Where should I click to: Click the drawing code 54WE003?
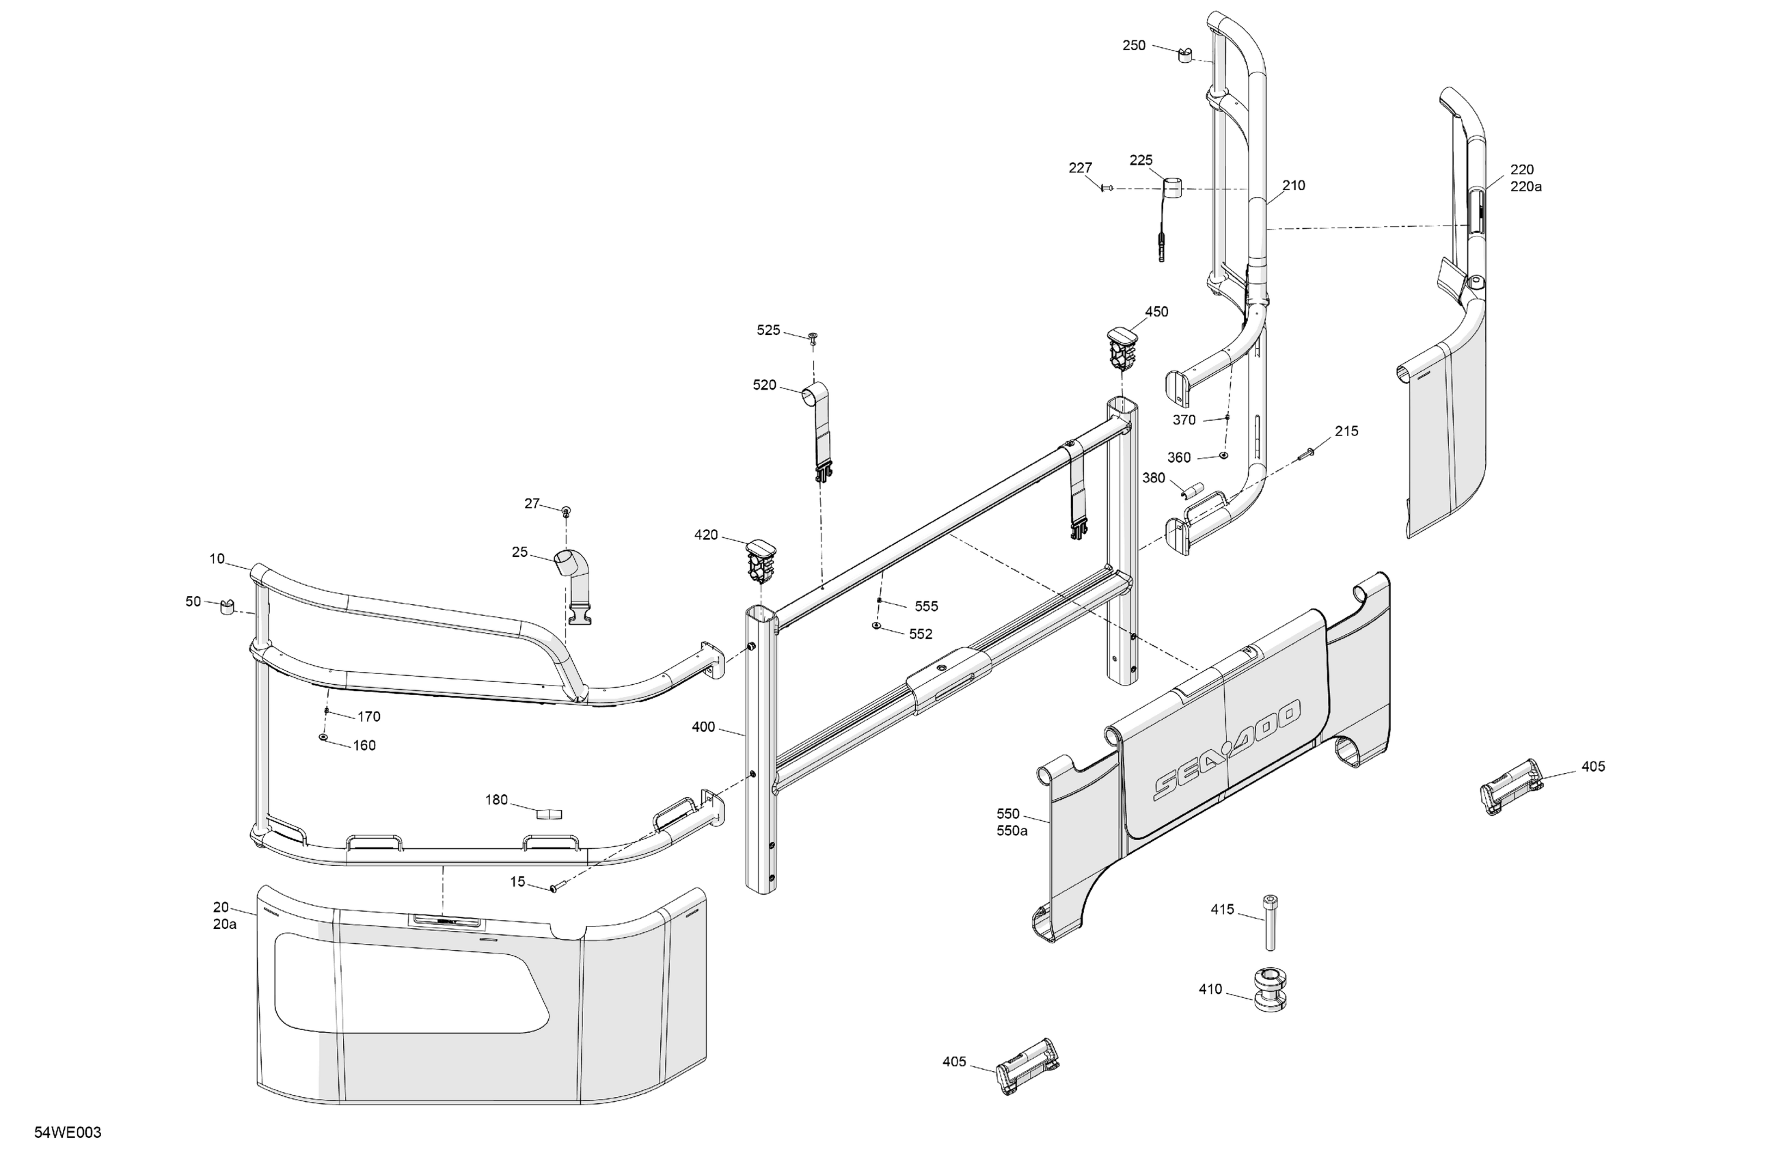coord(68,1133)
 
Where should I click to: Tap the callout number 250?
coord(1134,46)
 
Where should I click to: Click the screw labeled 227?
coord(1106,188)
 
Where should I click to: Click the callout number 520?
coord(764,386)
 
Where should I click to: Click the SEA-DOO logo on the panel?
coord(1227,751)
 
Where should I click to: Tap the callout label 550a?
coord(1012,830)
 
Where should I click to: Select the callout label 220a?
coord(1525,187)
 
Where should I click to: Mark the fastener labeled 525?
coord(813,336)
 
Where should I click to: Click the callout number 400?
coord(703,727)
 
